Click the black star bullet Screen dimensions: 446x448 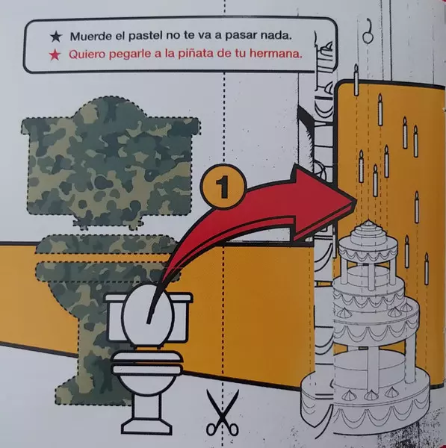tap(56, 37)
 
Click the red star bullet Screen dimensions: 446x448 tap(55, 55)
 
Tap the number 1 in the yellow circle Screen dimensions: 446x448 tap(222, 187)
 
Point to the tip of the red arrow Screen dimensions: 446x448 tap(356, 201)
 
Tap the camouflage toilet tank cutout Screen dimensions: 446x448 tap(111, 162)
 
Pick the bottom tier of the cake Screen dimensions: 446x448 tap(366, 411)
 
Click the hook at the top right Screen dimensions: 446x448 tap(368, 31)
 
